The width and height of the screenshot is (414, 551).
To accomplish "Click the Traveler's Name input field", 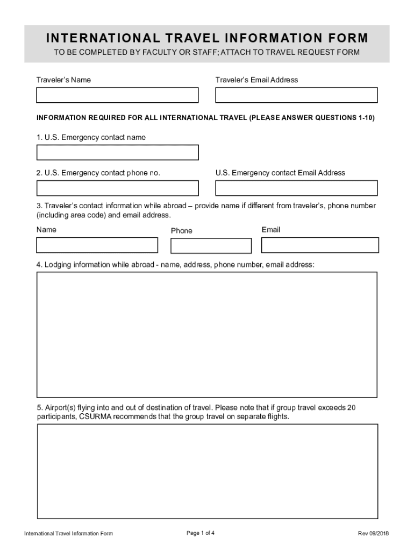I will (x=117, y=95).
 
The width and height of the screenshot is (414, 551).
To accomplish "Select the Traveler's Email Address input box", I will (x=296, y=95).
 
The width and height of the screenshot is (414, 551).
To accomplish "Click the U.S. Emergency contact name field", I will (x=117, y=152).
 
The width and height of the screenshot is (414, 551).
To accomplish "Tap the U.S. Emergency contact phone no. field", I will (x=117, y=188).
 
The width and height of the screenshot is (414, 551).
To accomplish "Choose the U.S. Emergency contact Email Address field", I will (x=296, y=188).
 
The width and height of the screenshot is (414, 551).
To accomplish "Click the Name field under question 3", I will (x=97, y=245).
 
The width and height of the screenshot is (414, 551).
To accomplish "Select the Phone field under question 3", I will (x=211, y=245).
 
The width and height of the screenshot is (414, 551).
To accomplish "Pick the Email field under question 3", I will (x=320, y=245).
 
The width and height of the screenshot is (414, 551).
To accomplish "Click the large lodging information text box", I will (x=207, y=335).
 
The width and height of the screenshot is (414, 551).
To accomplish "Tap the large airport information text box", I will (x=207, y=471).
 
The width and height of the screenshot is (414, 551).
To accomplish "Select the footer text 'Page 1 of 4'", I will (x=201, y=533).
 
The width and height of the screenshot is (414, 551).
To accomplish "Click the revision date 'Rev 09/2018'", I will (x=373, y=534).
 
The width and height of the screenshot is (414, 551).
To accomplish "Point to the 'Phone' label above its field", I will (x=181, y=231).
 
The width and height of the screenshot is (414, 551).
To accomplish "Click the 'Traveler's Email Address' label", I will (x=256, y=80).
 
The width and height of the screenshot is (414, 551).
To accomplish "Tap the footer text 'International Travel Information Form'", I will (x=68, y=534).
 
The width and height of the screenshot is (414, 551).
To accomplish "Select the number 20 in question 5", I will (x=351, y=408).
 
